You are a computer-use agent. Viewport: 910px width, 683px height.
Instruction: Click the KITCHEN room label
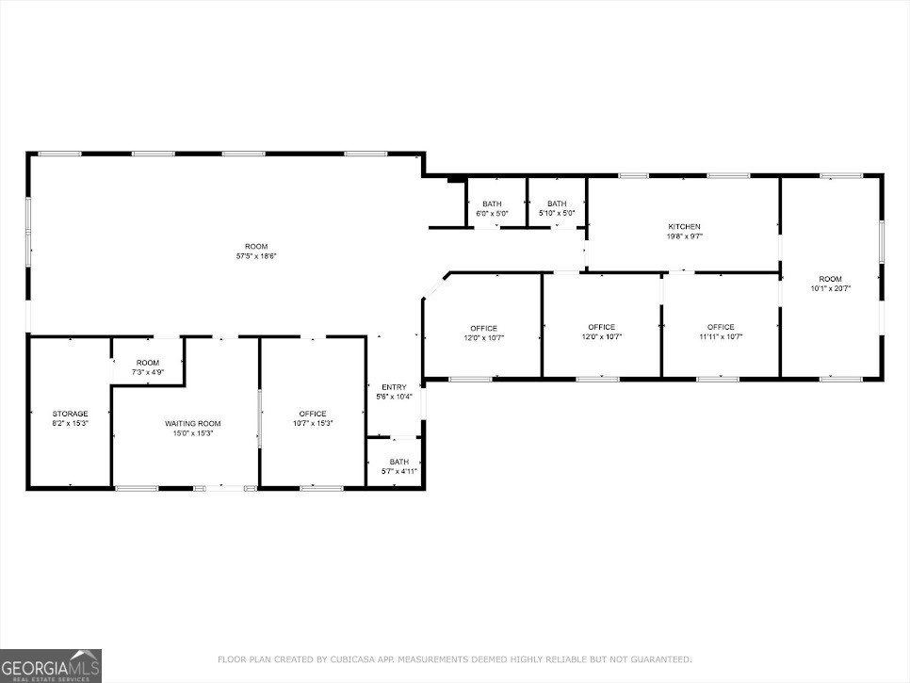684,227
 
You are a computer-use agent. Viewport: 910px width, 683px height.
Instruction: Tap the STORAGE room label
70,414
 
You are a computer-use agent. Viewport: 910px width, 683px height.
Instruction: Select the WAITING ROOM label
186,424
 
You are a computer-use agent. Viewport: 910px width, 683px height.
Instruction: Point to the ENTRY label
394,387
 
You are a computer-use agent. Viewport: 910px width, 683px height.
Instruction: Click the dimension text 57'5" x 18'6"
256,256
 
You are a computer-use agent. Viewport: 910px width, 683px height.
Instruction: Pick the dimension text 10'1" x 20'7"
830,288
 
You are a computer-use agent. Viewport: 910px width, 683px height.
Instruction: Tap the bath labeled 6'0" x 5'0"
492,209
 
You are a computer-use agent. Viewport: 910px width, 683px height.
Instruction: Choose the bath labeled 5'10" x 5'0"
557,209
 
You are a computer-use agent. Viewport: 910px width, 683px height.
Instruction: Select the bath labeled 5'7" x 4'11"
394,466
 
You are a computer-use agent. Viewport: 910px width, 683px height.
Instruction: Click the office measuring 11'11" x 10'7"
721,332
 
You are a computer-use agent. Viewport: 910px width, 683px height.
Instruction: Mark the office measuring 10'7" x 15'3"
313,418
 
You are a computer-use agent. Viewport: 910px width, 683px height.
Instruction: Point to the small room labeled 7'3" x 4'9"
148,367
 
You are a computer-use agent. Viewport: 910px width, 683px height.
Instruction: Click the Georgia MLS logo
51,665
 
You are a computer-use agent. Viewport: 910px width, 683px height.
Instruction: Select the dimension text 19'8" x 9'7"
684,236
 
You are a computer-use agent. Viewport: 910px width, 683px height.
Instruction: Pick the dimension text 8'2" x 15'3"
70,424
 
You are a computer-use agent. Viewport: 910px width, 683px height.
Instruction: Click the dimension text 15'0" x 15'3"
186,433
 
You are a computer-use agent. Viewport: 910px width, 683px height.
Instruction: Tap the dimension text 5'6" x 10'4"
394,397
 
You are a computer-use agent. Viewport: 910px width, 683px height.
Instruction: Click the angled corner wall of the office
434,285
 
